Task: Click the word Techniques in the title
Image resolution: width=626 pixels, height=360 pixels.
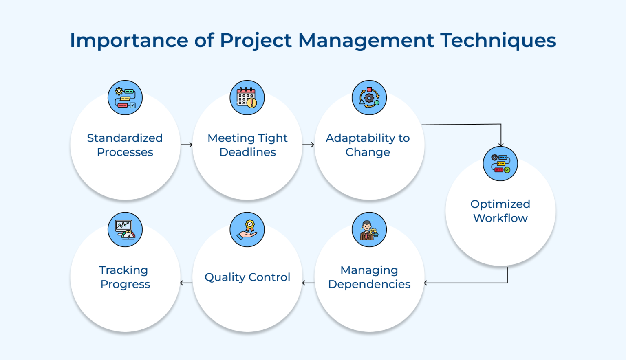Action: (498, 41)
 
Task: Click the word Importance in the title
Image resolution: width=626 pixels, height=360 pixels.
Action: (128, 41)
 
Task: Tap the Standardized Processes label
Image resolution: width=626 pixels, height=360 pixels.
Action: (125, 145)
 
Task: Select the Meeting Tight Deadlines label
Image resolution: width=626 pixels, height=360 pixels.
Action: (247, 145)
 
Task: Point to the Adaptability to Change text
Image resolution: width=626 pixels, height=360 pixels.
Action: (368, 145)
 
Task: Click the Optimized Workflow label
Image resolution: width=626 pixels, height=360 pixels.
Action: (500, 211)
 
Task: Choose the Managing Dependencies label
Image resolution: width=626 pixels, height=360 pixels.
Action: (369, 277)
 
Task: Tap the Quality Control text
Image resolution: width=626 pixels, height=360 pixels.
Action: (247, 277)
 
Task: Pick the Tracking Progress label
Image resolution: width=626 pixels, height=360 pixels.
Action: (125, 277)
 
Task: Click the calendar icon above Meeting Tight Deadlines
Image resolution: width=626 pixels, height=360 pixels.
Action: (247, 98)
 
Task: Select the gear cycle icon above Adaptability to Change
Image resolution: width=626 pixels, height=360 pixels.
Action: (369, 98)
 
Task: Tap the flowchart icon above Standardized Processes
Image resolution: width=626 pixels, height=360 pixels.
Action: (125, 98)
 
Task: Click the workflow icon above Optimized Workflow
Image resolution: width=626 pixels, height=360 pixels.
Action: (500, 164)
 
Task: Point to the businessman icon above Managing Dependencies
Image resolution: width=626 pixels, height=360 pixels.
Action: (369, 230)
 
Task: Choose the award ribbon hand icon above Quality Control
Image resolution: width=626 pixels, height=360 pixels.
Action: (247, 230)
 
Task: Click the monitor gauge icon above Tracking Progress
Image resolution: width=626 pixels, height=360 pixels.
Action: (125, 230)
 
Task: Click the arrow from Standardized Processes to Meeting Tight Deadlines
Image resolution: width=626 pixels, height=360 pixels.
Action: (187, 145)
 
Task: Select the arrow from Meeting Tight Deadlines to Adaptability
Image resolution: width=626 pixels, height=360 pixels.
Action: (309, 145)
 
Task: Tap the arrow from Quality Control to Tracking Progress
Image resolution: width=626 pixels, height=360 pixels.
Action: (186, 283)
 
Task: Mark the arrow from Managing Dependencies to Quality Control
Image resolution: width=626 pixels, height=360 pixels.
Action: (308, 283)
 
